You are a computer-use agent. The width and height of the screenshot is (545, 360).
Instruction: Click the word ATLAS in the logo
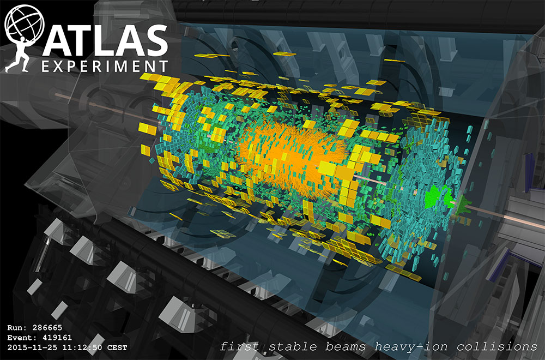(104, 40)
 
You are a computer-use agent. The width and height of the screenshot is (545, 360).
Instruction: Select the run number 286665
(49, 328)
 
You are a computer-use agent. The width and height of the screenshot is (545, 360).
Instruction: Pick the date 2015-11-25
(30, 347)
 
